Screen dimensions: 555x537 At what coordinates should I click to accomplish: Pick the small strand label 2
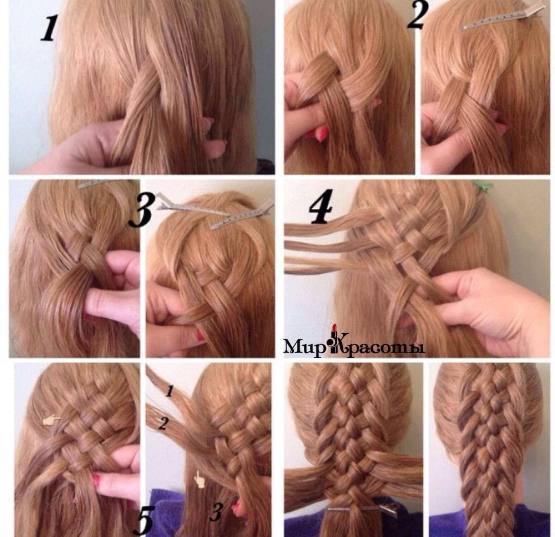click(x=163, y=423)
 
